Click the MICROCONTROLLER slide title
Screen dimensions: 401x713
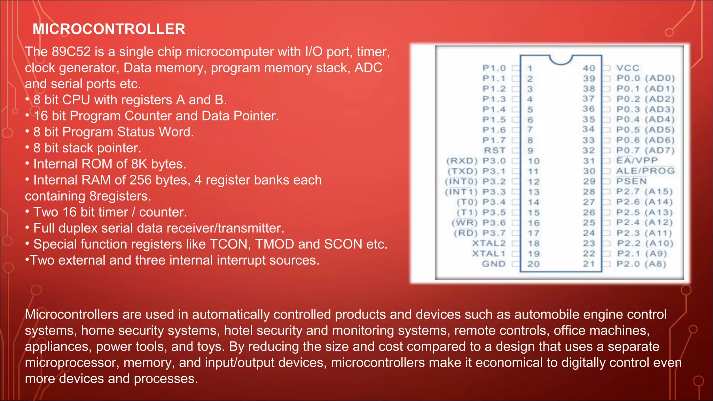pyautogui.click(x=109, y=29)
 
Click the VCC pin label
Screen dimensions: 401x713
pyautogui.click(x=628, y=68)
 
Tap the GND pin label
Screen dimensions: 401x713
pyautogui.click(x=493, y=264)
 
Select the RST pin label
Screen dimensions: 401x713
pyautogui.click(x=494, y=150)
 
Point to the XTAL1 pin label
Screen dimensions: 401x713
pyautogui.click(x=488, y=253)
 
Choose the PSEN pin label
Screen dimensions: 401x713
pyautogui.click(x=631, y=181)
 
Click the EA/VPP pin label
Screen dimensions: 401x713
pyautogui.click(x=637, y=160)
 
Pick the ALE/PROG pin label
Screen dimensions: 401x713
pyautogui.click(x=645, y=171)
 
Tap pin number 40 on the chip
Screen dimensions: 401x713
pyautogui.click(x=589, y=68)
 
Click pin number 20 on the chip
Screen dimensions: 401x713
pyautogui.click(x=533, y=264)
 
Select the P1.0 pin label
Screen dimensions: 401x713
pyautogui.click(x=494, y=68)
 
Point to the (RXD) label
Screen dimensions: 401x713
pyautogui.click(x=462, y=161)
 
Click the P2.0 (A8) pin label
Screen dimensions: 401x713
pyautogui.click(x=641, y=264)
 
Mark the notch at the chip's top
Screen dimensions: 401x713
pyautogui.click(x=561, y=60)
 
